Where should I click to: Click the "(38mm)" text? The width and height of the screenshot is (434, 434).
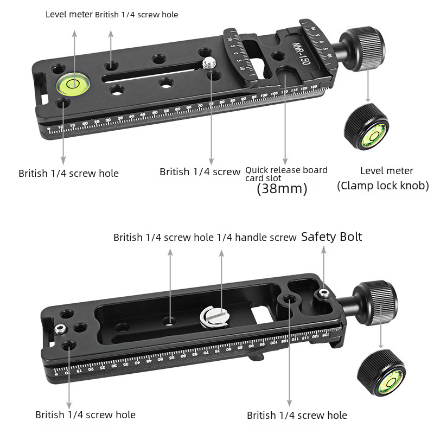(282, 189)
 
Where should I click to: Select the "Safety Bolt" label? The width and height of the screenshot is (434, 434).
(331, 237)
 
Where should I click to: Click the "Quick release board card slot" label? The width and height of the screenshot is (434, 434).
(286, 174)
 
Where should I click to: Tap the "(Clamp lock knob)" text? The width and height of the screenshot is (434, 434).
(383, 186)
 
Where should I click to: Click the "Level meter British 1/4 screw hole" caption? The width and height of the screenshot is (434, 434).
(112, 15)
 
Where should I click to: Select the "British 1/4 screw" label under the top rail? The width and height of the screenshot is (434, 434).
(200, 172)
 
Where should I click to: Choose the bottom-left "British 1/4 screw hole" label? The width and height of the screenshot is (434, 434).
(86, 415)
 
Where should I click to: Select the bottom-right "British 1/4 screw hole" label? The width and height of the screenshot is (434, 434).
(297, 416)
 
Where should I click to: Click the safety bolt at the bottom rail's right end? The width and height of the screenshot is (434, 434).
(324, 294)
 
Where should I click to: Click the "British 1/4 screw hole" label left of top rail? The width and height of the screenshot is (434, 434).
(69, 174)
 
